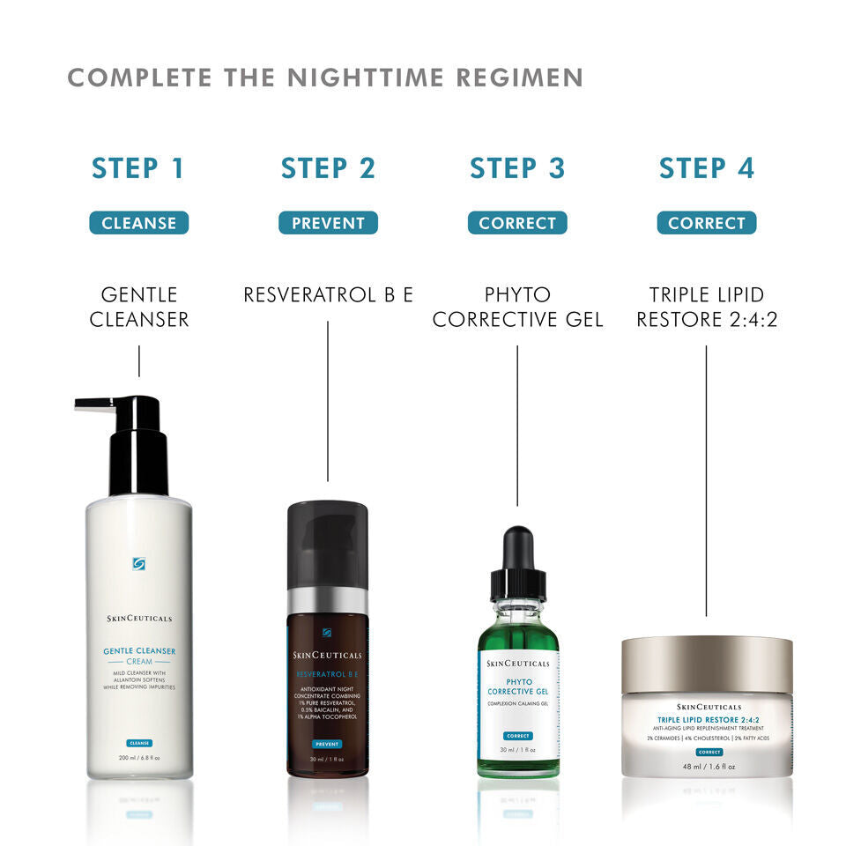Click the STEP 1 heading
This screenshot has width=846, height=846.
138,167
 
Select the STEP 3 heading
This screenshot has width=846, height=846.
517,167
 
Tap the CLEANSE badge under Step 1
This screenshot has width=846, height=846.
138,223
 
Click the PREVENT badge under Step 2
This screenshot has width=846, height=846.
328,223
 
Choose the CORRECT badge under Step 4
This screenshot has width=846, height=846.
706,223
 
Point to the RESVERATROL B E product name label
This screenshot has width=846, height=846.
328,294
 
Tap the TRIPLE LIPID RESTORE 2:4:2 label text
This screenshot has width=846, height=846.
706,307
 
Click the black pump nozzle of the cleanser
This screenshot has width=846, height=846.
97,404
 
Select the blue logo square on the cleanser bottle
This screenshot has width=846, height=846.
138,564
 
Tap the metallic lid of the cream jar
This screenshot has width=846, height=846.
706,664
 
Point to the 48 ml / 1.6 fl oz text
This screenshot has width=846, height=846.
706,767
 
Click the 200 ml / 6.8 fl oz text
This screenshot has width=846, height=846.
138,758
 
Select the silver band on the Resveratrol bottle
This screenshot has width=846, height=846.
328,600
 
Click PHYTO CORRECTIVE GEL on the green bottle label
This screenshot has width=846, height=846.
518,686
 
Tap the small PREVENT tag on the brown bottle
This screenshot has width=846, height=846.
327,744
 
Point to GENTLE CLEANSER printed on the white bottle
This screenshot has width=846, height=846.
138,651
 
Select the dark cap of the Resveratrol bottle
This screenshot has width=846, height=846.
328,542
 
